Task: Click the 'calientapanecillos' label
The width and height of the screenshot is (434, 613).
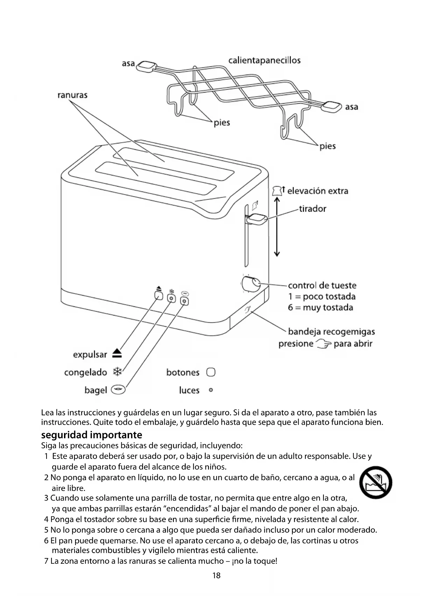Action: point(264,60)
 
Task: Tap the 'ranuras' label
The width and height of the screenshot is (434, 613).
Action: point(72,95)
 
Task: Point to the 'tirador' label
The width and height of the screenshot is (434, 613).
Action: point(312,209)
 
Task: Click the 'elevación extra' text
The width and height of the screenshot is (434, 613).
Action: point(318,191)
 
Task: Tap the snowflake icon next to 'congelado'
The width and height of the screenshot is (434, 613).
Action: point(118,372)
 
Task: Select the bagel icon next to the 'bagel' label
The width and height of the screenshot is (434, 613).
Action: point(118,389)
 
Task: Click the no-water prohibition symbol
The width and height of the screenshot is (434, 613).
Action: point(376,482)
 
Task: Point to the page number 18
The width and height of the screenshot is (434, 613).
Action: point(216,575)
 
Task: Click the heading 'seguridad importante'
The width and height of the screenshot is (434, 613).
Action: point(92,435)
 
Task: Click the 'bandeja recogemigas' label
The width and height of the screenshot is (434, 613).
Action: point(331,332)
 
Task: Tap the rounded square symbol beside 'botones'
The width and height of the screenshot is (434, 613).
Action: point(211,372)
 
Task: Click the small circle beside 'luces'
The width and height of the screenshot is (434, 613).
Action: point(211,390)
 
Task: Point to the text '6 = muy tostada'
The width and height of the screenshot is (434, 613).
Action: point(320,308)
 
